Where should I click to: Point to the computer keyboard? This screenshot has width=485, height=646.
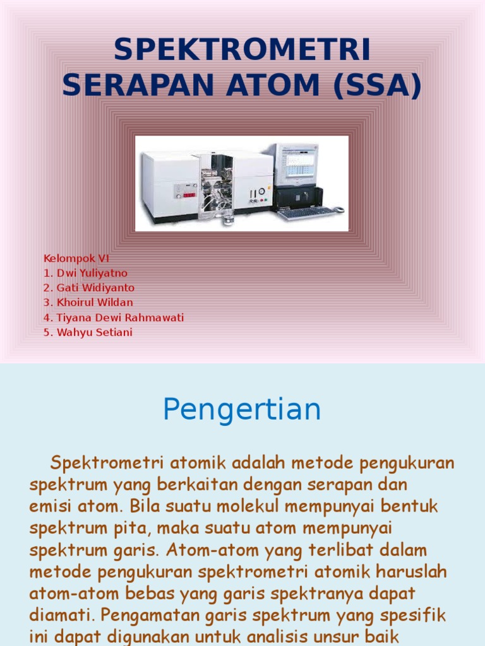[307, 213]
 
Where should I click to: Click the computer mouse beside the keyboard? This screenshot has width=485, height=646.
[339, 209]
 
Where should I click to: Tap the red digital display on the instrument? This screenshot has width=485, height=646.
[189, 195]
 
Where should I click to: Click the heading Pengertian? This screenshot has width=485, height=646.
[242, 409]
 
